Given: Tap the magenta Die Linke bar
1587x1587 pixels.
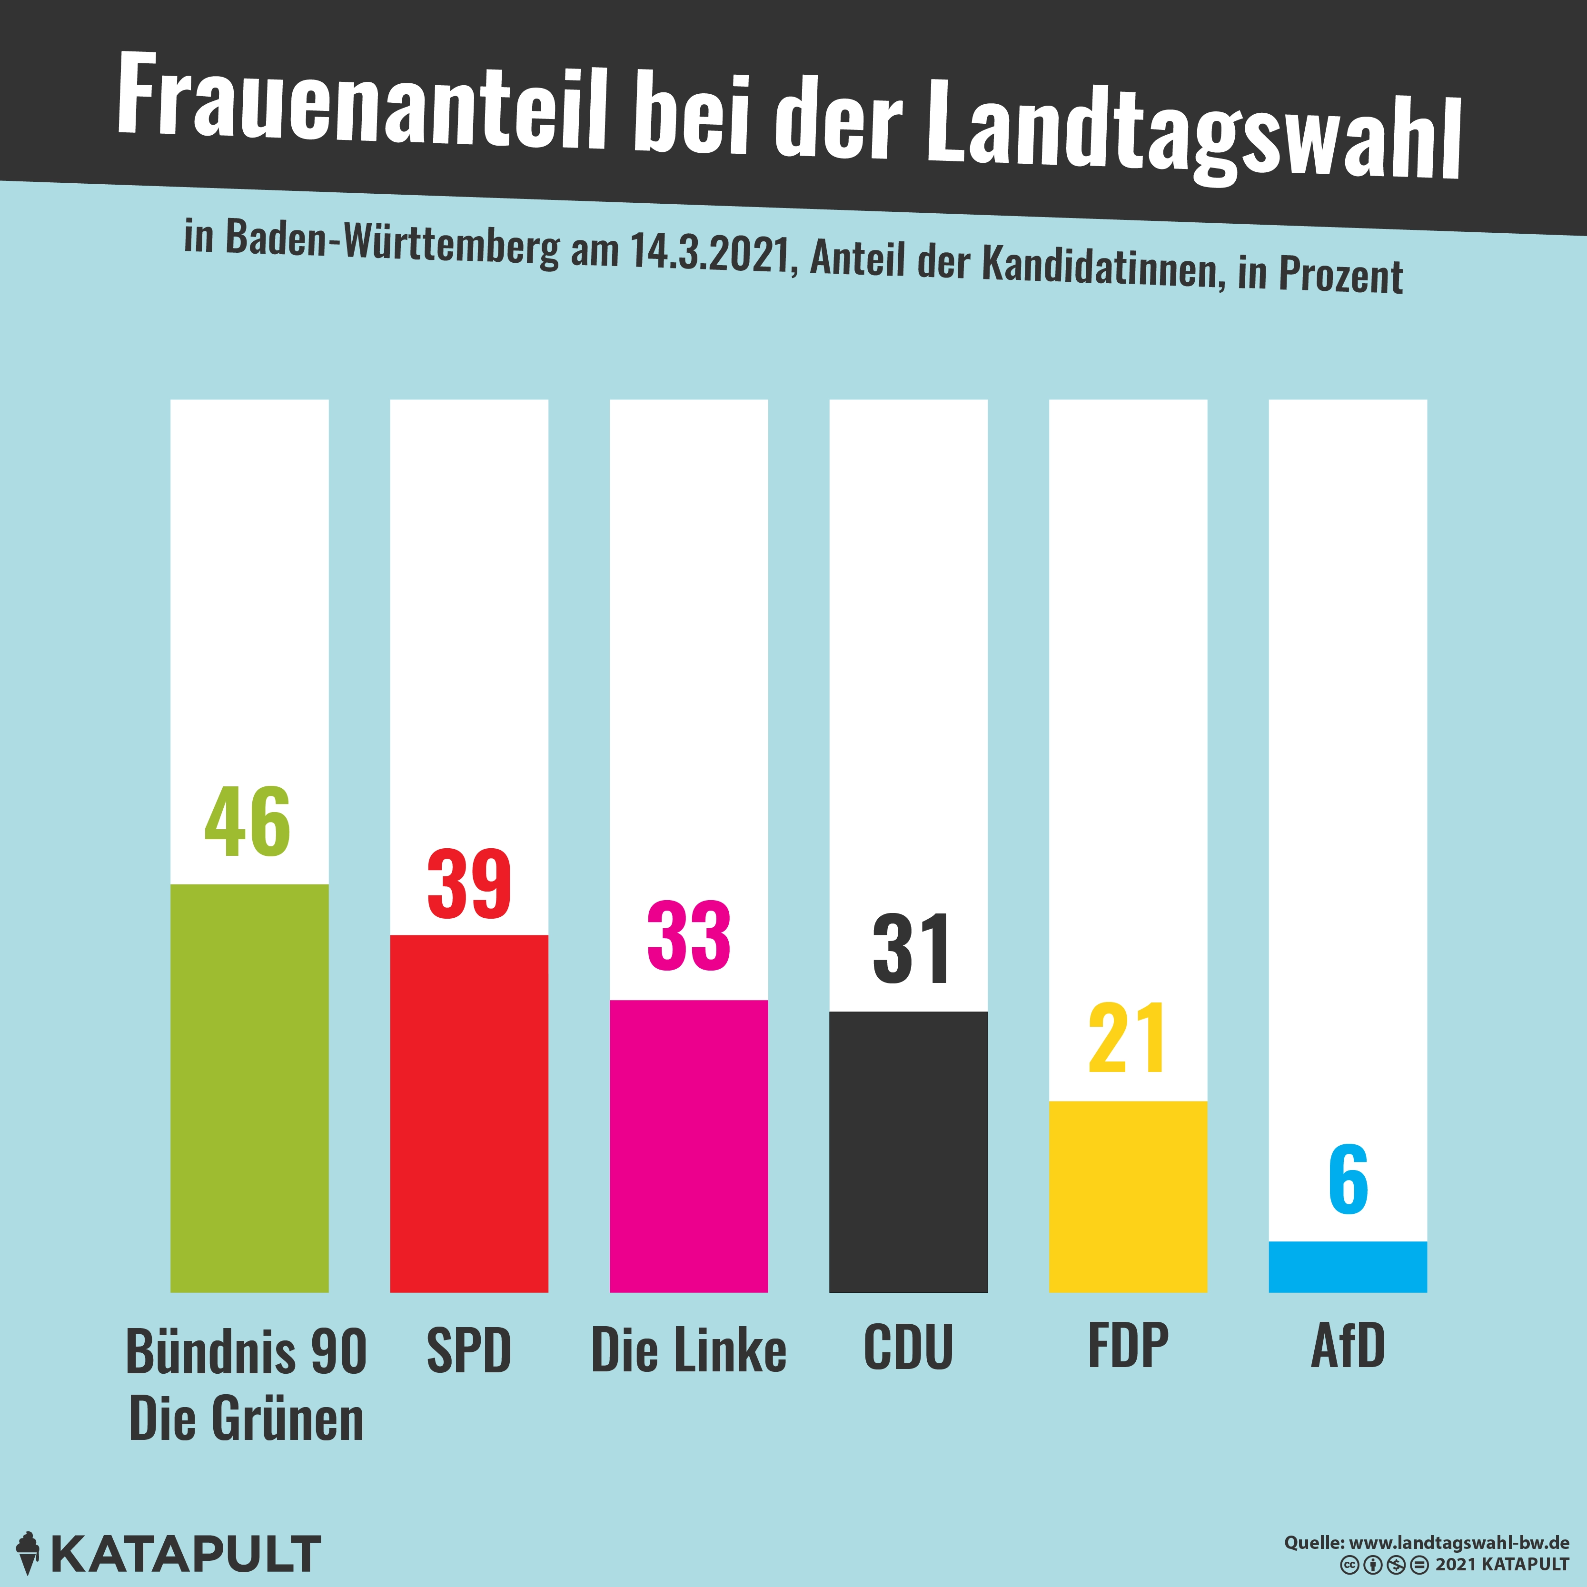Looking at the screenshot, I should click(688, 1145).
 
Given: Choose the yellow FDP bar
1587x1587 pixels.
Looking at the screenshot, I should click(1128, 1196).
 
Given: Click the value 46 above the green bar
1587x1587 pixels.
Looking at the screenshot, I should click(247, 822).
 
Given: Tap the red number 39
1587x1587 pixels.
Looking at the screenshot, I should click(469, 885).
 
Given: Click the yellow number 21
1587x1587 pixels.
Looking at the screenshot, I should click(1127, 1039).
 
